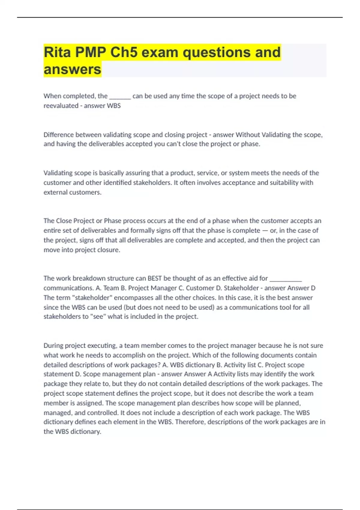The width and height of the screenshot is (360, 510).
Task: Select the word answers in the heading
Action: [72, 70]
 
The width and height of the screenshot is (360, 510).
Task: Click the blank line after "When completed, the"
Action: [120, 97]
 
